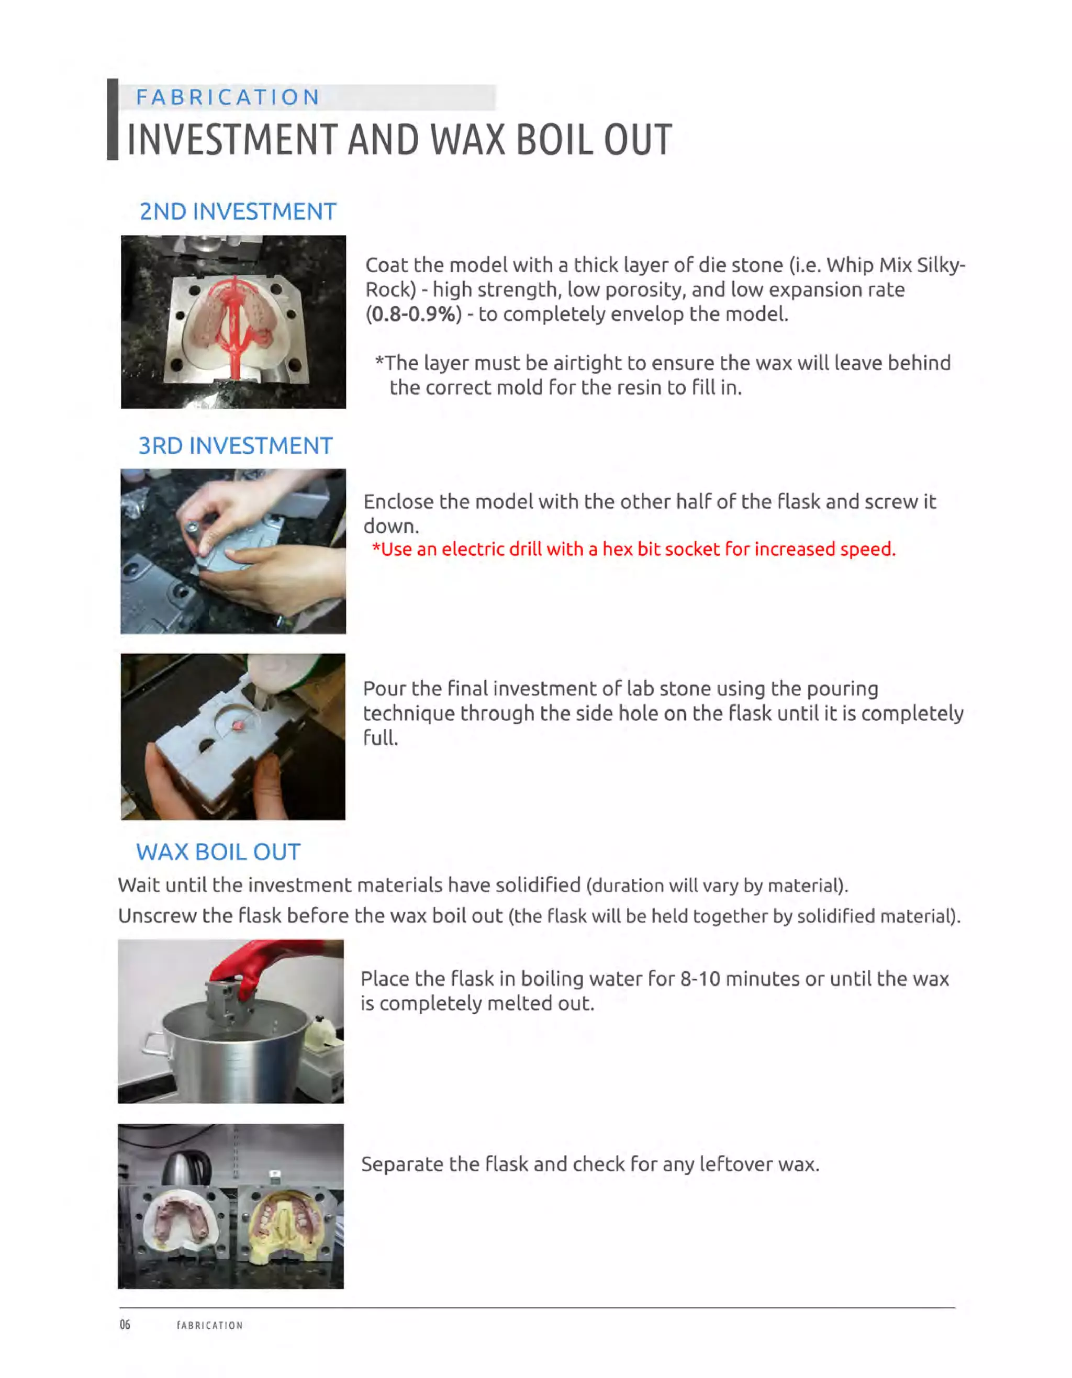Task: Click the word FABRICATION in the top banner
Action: click(228, 97)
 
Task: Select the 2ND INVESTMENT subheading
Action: click(238, 211)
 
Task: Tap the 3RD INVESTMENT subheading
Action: click(236, 445)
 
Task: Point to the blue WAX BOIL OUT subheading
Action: click(218, 852)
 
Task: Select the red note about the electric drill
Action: click(633, 549)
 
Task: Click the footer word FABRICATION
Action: click(209, 1325)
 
